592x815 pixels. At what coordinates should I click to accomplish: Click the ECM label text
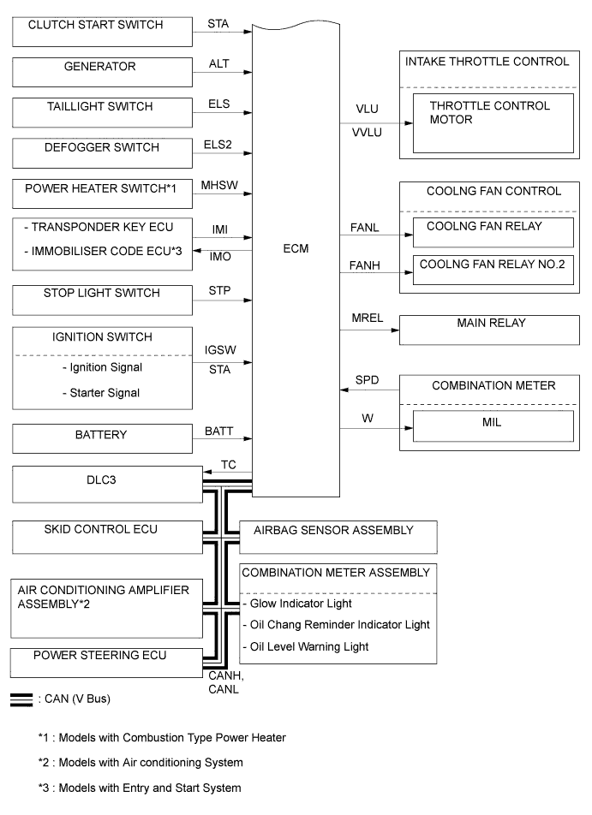click(x=296, y=248)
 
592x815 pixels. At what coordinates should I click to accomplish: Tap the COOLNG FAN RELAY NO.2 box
click(x=493, y=271)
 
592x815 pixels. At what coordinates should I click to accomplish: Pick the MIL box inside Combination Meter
click(x=493, y=425)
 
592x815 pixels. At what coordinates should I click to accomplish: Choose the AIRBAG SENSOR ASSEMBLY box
click(x=338, y=536)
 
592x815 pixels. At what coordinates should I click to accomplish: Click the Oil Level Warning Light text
click(x=307, y=646)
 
